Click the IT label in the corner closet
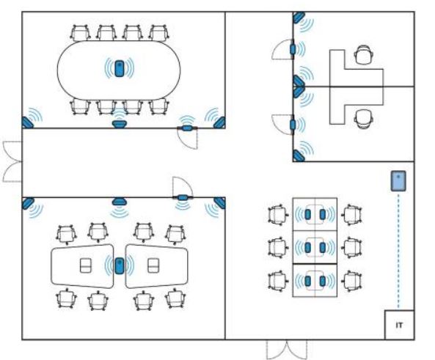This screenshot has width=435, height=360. (399, 325)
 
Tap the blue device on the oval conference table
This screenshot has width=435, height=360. (120, 68)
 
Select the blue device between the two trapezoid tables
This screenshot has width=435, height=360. (120, 265)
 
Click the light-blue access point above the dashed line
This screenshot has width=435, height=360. (398, 181)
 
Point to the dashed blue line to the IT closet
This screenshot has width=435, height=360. (398, 251)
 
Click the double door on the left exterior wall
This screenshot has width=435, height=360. (12, 161)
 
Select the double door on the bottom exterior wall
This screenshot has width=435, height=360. (287, 350)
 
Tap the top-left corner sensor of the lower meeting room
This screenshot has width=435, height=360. (28, 203)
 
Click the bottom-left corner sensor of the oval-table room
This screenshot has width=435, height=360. (27, 122)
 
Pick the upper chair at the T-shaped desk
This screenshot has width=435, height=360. (364, 54)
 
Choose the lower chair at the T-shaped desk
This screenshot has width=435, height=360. (363, 119)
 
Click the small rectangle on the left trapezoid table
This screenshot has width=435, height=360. (85, 265)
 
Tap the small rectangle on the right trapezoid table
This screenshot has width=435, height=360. (153, 265)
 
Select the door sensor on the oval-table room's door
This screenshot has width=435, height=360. (187, 128)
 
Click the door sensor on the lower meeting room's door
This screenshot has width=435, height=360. (183, 197)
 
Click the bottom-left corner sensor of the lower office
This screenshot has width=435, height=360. (299, 156)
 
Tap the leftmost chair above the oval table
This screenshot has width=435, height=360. (81, 33)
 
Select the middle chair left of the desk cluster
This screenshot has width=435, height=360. (278, 247)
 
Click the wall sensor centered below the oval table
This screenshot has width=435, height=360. (120, 124)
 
